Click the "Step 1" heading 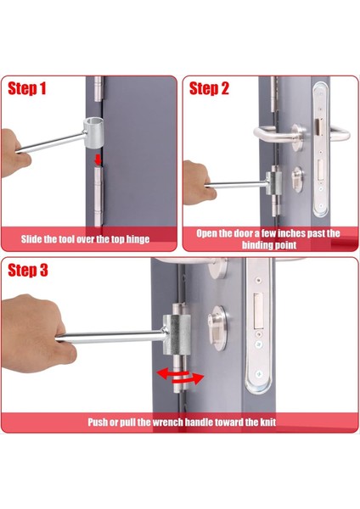26,88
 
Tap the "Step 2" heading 209,88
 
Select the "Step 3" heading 28,271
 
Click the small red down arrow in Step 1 98,159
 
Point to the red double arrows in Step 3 180,377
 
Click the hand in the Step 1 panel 15,153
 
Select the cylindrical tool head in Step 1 93,133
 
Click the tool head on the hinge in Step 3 177,334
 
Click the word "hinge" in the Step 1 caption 138,239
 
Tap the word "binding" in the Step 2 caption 256,245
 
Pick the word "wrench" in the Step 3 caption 168,422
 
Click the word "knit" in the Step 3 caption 267,422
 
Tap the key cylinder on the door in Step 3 217,328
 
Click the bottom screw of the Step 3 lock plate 259,374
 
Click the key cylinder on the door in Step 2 297,180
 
